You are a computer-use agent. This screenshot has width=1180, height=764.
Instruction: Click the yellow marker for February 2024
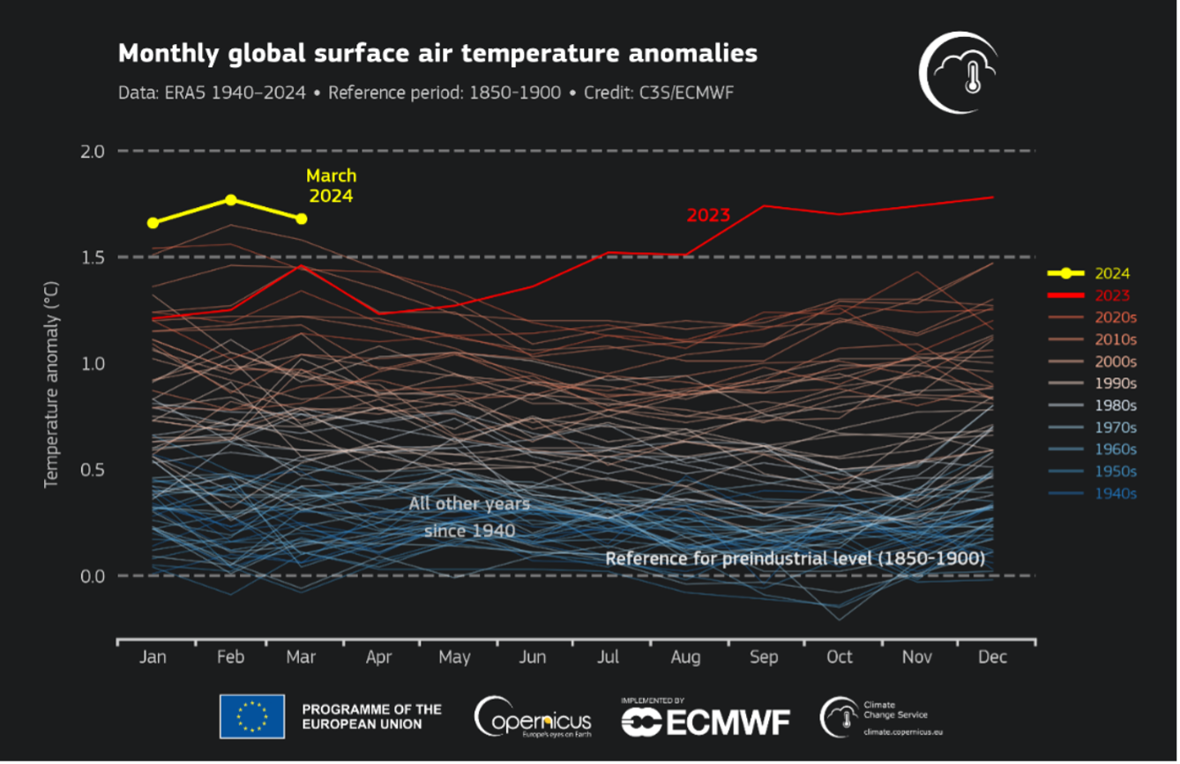click(230, 200)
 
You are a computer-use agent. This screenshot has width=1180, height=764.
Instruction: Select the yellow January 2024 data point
click(153, 223)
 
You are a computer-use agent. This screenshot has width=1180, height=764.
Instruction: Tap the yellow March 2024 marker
click(302, 219)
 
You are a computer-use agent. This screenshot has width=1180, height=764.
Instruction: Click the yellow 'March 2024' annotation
click(331, 186)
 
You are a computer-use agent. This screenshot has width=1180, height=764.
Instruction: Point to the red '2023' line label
click(708, 215)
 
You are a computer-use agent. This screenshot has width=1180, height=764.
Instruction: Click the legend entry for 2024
click(1111, 274)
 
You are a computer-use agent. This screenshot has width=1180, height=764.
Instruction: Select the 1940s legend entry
click(1115, 493)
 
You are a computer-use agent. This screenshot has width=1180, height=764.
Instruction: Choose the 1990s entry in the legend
click(1115, 383)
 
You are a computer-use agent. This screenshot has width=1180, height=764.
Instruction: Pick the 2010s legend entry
click(1115, 339)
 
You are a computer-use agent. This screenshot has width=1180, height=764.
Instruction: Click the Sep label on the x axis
click(764, 657)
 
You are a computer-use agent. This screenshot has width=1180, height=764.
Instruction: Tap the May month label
click(455, 657)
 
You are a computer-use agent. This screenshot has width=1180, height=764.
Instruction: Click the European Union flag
click(252, 716)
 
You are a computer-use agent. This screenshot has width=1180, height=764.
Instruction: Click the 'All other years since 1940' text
click(469, 517)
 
